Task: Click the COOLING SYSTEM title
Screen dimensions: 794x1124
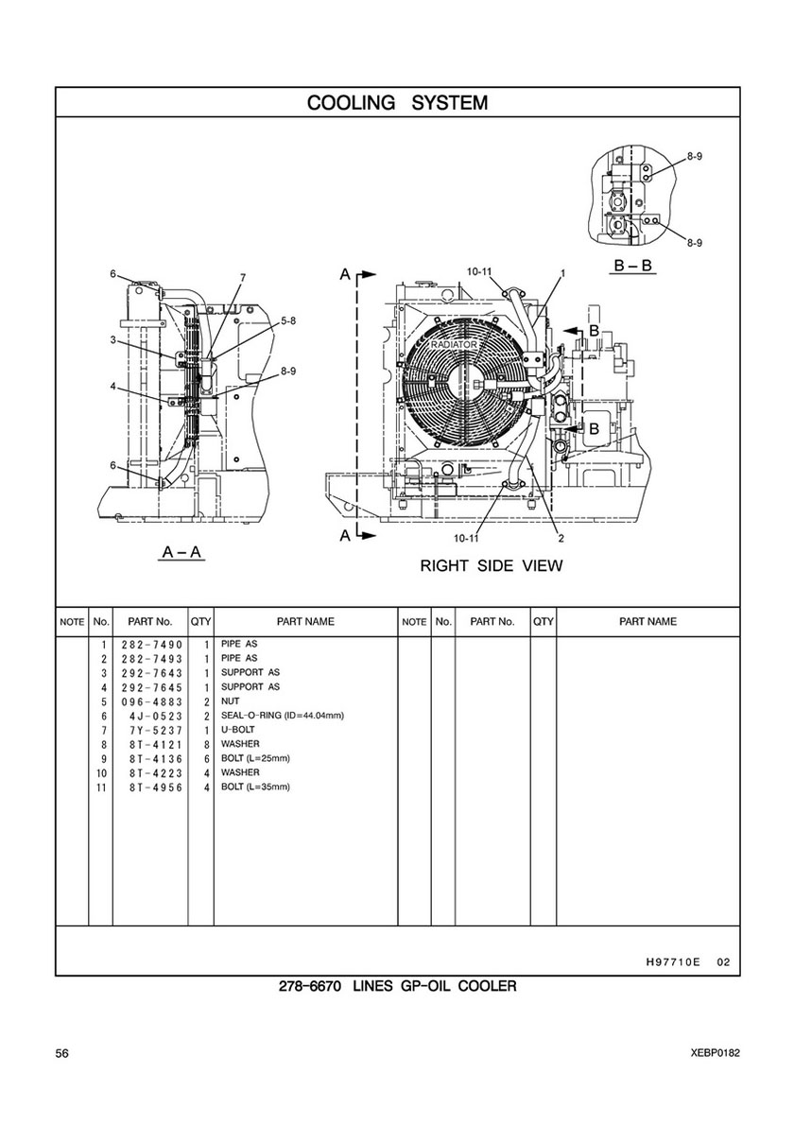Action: pyautogui.click(x=397, y=102)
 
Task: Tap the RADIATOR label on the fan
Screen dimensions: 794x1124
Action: pyautogui.click(x=454, y=345)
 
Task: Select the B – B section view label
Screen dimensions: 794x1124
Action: pyautogui.click(x=633, y=266)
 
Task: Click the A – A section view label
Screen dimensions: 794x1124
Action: pyautogui.click(x=182, y=551)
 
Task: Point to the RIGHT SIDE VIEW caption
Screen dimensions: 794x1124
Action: pyautogui.click(x=491, y=565)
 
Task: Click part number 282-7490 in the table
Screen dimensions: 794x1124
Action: pyautogui.click(x=152, y=645)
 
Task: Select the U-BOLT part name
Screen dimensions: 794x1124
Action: pyautogui.click(x=238, y=730)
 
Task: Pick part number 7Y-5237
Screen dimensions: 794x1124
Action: pyautogui.click(x=157, y=731)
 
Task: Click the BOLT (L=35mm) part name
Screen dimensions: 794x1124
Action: pyautogui.click(x=255, y=787)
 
